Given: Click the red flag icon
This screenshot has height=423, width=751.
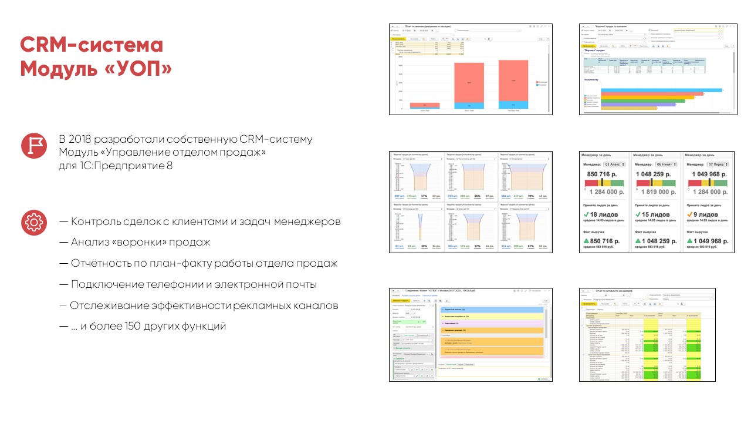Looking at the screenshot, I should pos(33,146).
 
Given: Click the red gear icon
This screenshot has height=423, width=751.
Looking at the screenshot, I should pos(33,223).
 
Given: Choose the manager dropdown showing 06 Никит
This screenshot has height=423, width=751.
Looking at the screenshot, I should pos(667,164).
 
